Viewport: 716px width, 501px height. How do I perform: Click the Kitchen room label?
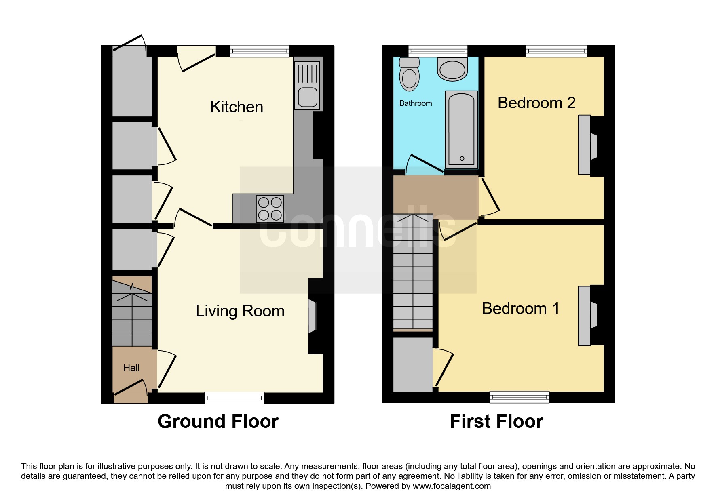237,107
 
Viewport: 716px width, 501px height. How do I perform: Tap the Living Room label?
240,311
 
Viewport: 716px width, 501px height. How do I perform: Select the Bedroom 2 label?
536,103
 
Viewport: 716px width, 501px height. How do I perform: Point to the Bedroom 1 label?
521,309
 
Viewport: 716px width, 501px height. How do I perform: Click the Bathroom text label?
416,103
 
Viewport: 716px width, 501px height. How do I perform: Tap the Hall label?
131,368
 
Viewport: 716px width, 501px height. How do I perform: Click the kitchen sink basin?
308,97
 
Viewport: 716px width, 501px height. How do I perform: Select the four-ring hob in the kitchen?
270,209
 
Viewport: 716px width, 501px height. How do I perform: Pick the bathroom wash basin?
452,69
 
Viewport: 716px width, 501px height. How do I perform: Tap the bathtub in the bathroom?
461,130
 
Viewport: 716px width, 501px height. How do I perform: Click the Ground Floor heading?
218,421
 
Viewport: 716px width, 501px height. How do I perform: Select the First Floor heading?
496,421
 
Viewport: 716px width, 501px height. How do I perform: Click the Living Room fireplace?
312,316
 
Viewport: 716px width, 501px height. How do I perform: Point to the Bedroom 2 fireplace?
588,145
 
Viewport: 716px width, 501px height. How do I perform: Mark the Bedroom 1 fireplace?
588,316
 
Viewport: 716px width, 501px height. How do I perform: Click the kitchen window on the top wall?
260,51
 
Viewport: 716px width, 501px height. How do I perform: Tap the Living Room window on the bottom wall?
234,398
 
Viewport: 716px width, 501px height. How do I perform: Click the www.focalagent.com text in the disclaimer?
452,486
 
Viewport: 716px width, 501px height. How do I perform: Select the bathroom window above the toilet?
438,51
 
